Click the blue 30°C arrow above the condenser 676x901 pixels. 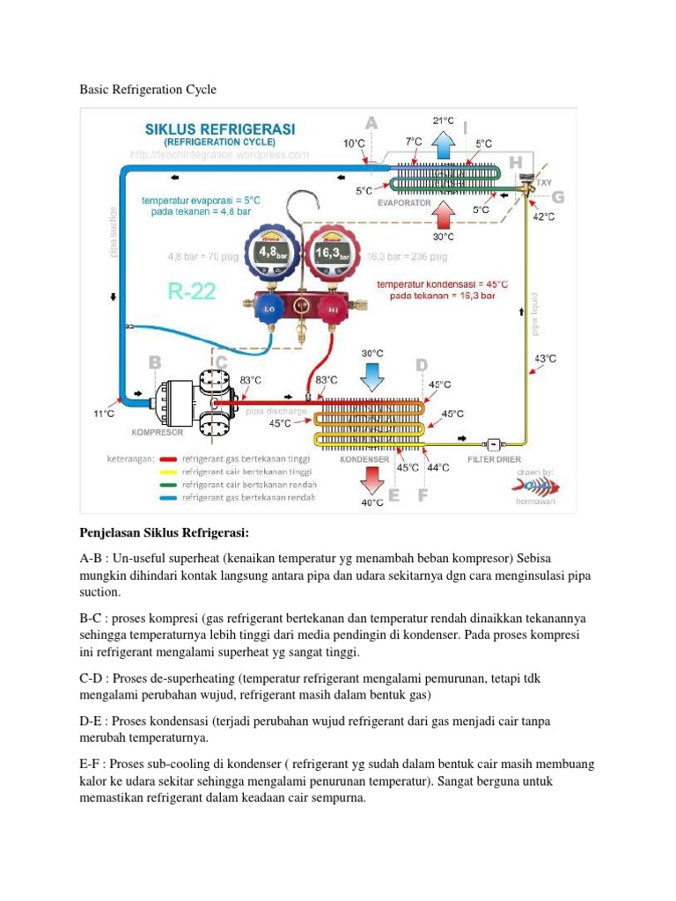coord(372,375)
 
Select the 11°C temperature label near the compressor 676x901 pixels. coord(104,413)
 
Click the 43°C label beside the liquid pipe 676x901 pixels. coord(546,358)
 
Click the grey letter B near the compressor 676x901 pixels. coord(154,362)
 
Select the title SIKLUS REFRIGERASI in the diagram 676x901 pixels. coord(220,128)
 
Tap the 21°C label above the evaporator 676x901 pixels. coord(443,121)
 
